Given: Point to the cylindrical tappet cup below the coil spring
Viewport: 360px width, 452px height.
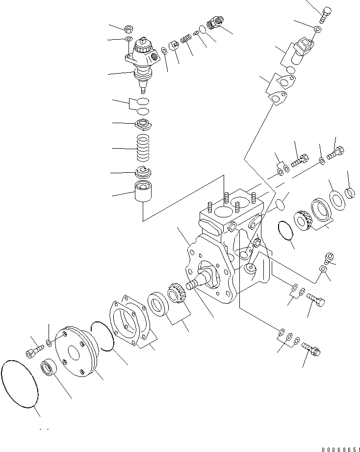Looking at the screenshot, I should (144, 195).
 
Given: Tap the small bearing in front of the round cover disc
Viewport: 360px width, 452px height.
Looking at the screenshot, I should (50, 367).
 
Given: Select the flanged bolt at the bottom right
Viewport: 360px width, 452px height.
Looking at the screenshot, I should (311, 348).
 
